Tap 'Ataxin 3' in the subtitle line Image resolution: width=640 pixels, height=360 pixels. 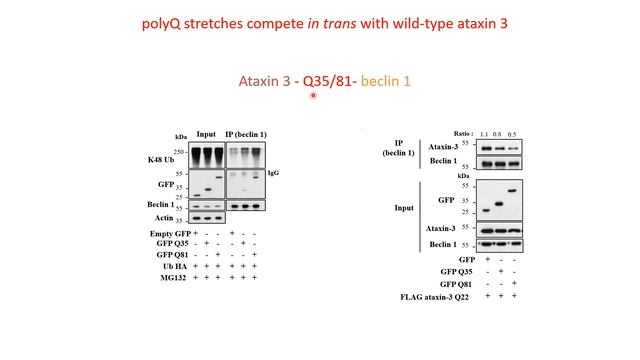click(x=266, y=81)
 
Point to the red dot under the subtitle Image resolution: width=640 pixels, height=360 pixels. click(x=314, y=96)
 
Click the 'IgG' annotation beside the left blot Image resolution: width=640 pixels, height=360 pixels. click(x=274, y=174)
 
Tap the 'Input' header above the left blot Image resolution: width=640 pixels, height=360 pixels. click(x=206, y=134)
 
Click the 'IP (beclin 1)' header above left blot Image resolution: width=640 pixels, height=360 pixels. click(x=246, y=134)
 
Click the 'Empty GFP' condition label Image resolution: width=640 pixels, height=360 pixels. click(x=154, y=232)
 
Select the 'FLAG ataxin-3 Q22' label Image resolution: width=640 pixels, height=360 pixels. click(x=430, y=297)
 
